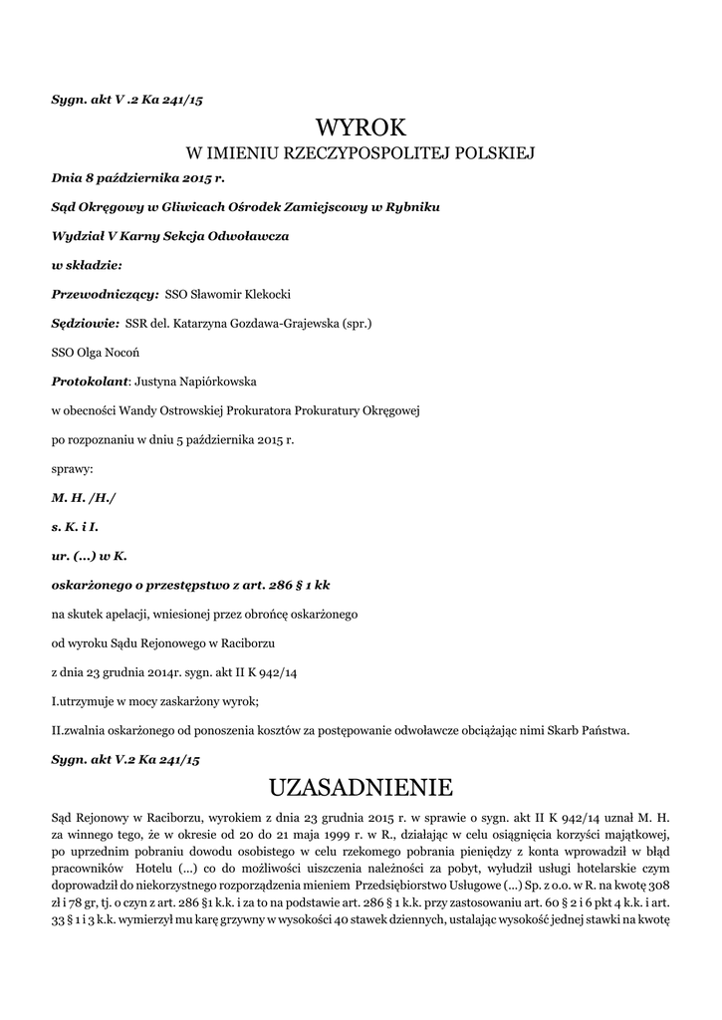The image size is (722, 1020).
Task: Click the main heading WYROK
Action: (x=361, y=127)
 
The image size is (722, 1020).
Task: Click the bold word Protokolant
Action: (x=90, y=381)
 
